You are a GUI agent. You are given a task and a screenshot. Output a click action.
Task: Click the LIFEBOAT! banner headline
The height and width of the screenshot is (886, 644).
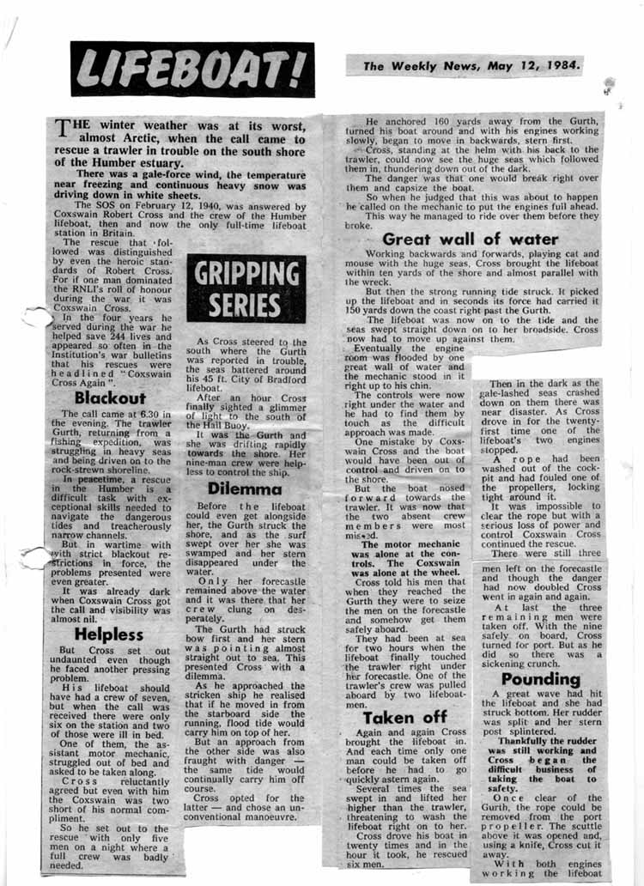click(x=192, y=70)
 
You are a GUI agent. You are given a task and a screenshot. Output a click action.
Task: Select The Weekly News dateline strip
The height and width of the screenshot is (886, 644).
click(x=464, y=65)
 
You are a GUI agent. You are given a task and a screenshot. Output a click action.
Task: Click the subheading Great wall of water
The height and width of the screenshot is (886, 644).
click(x=471, y=240)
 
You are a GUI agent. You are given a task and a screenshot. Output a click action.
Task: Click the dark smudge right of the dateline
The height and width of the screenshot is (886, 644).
click(x=610, y=85)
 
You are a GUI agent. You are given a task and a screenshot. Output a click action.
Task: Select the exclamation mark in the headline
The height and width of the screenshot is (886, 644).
click(x=294, y=69)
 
